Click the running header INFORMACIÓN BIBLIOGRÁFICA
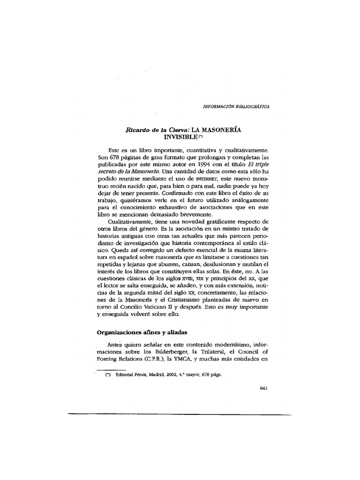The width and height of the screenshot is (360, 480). click(x=236, y=106)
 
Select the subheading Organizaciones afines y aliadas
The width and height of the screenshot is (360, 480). click(x=142, y=332)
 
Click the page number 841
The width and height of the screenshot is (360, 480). click(x=263, y=394)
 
